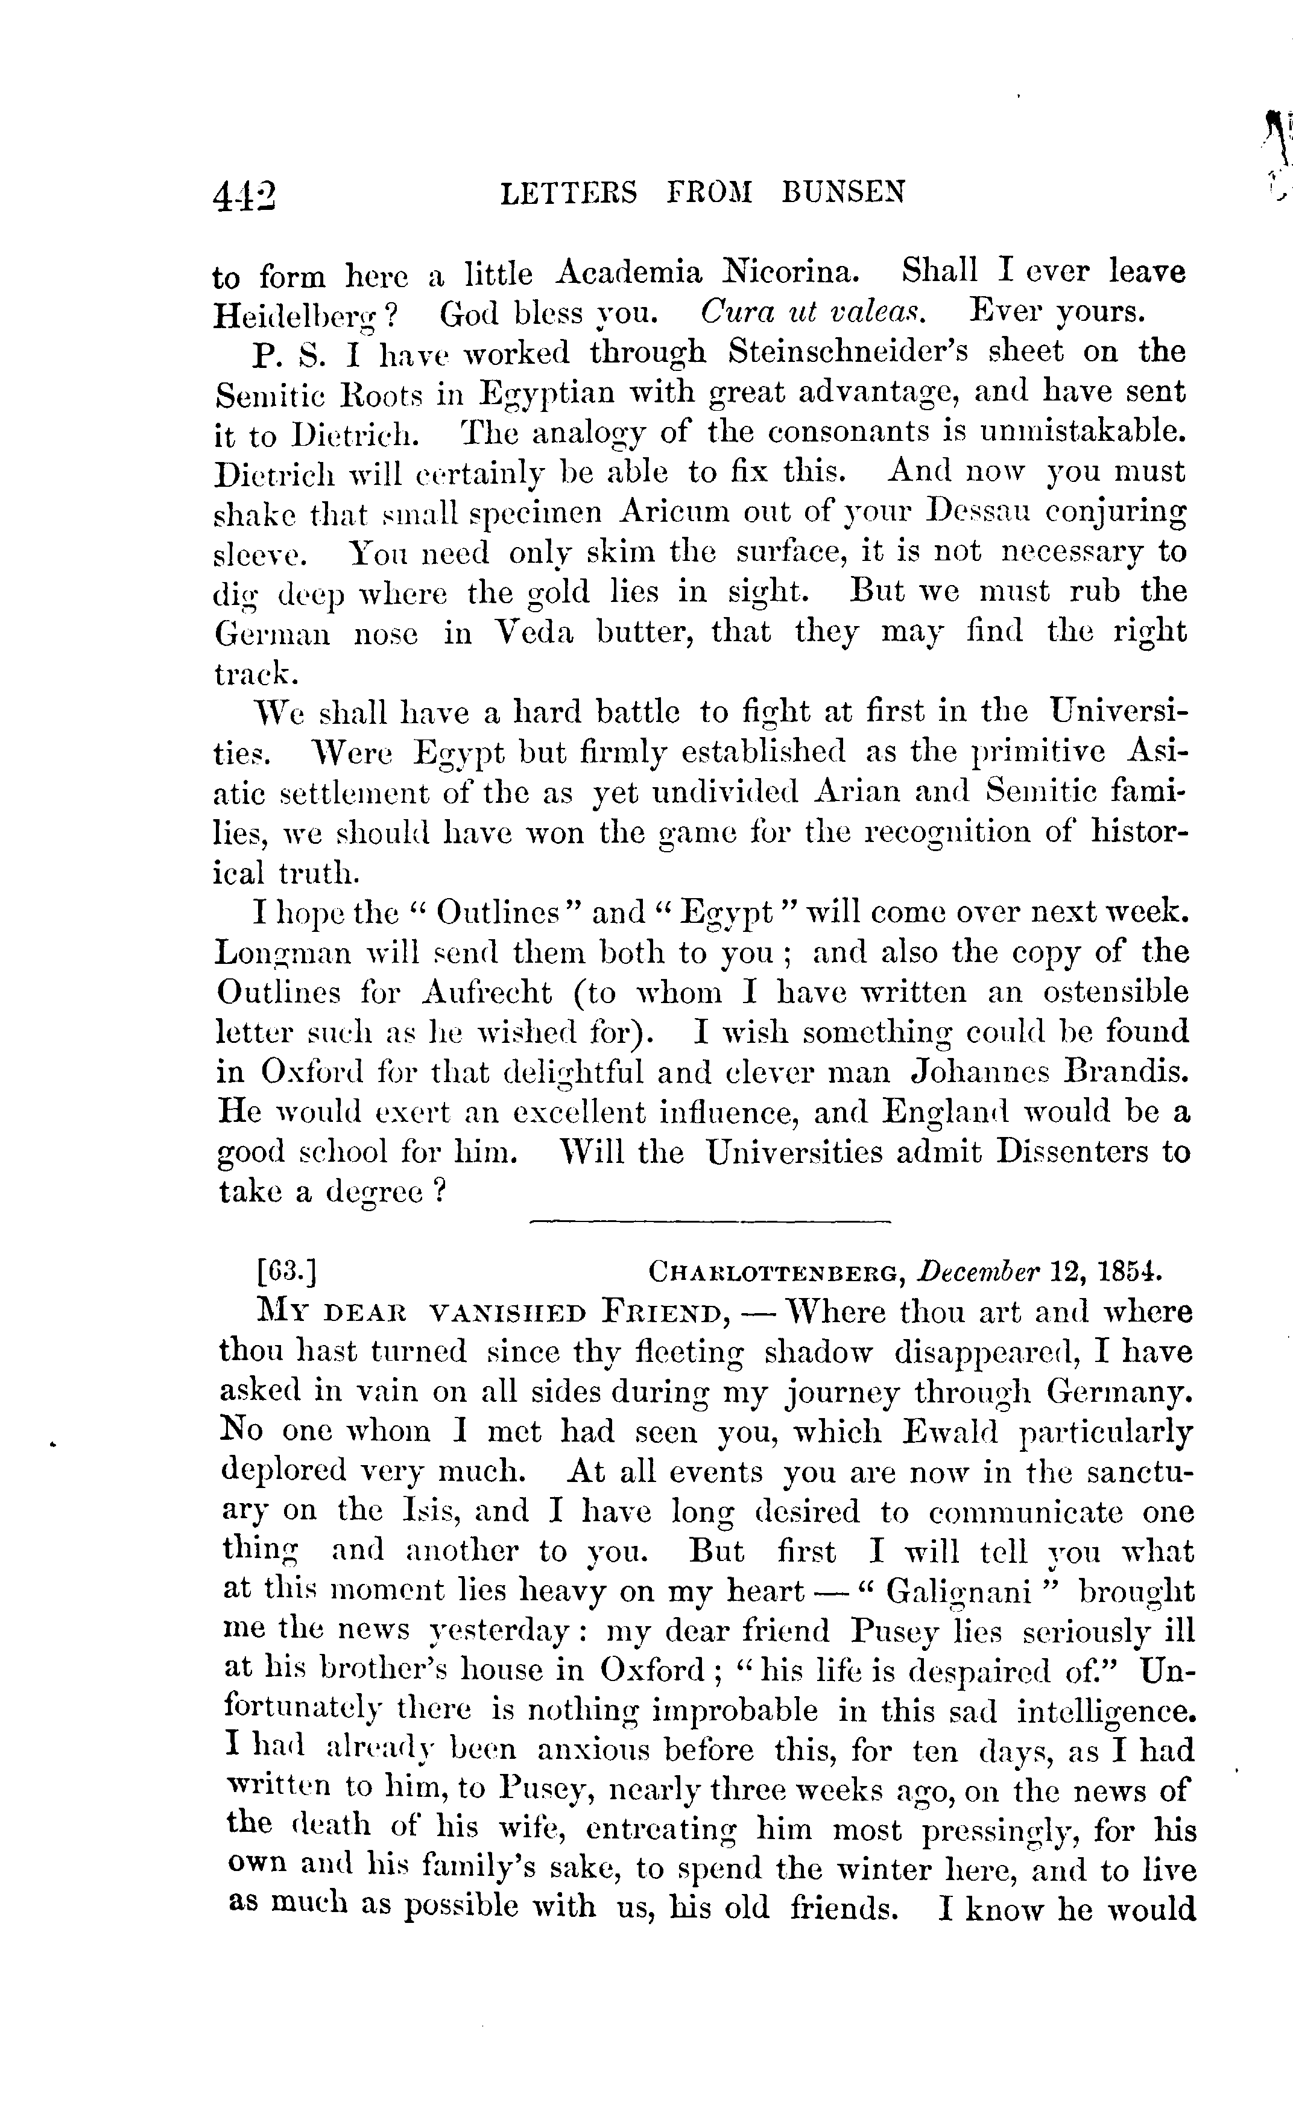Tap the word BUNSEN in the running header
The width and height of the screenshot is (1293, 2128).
click(x=844, y=192)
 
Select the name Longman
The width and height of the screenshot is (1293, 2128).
click(x=284, y=954)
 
